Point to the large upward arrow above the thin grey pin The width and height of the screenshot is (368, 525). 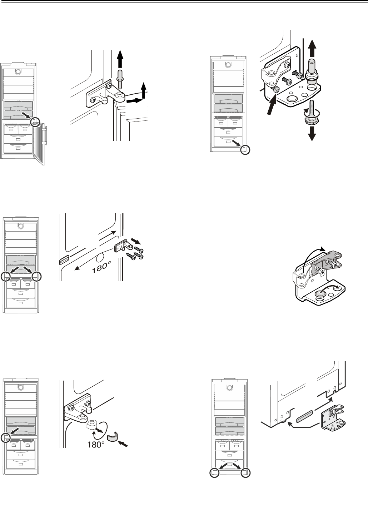coord(120,59)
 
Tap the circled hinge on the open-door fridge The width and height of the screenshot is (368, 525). coord(36,122)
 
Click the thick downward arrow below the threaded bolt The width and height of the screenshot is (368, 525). coord(312,133)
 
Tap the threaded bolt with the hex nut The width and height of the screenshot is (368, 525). coord(312,111)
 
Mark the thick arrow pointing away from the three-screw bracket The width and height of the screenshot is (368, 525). coord(135,241)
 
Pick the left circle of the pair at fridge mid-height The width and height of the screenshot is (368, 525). coord(5,277)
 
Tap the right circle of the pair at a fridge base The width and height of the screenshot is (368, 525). coord(245,472)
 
